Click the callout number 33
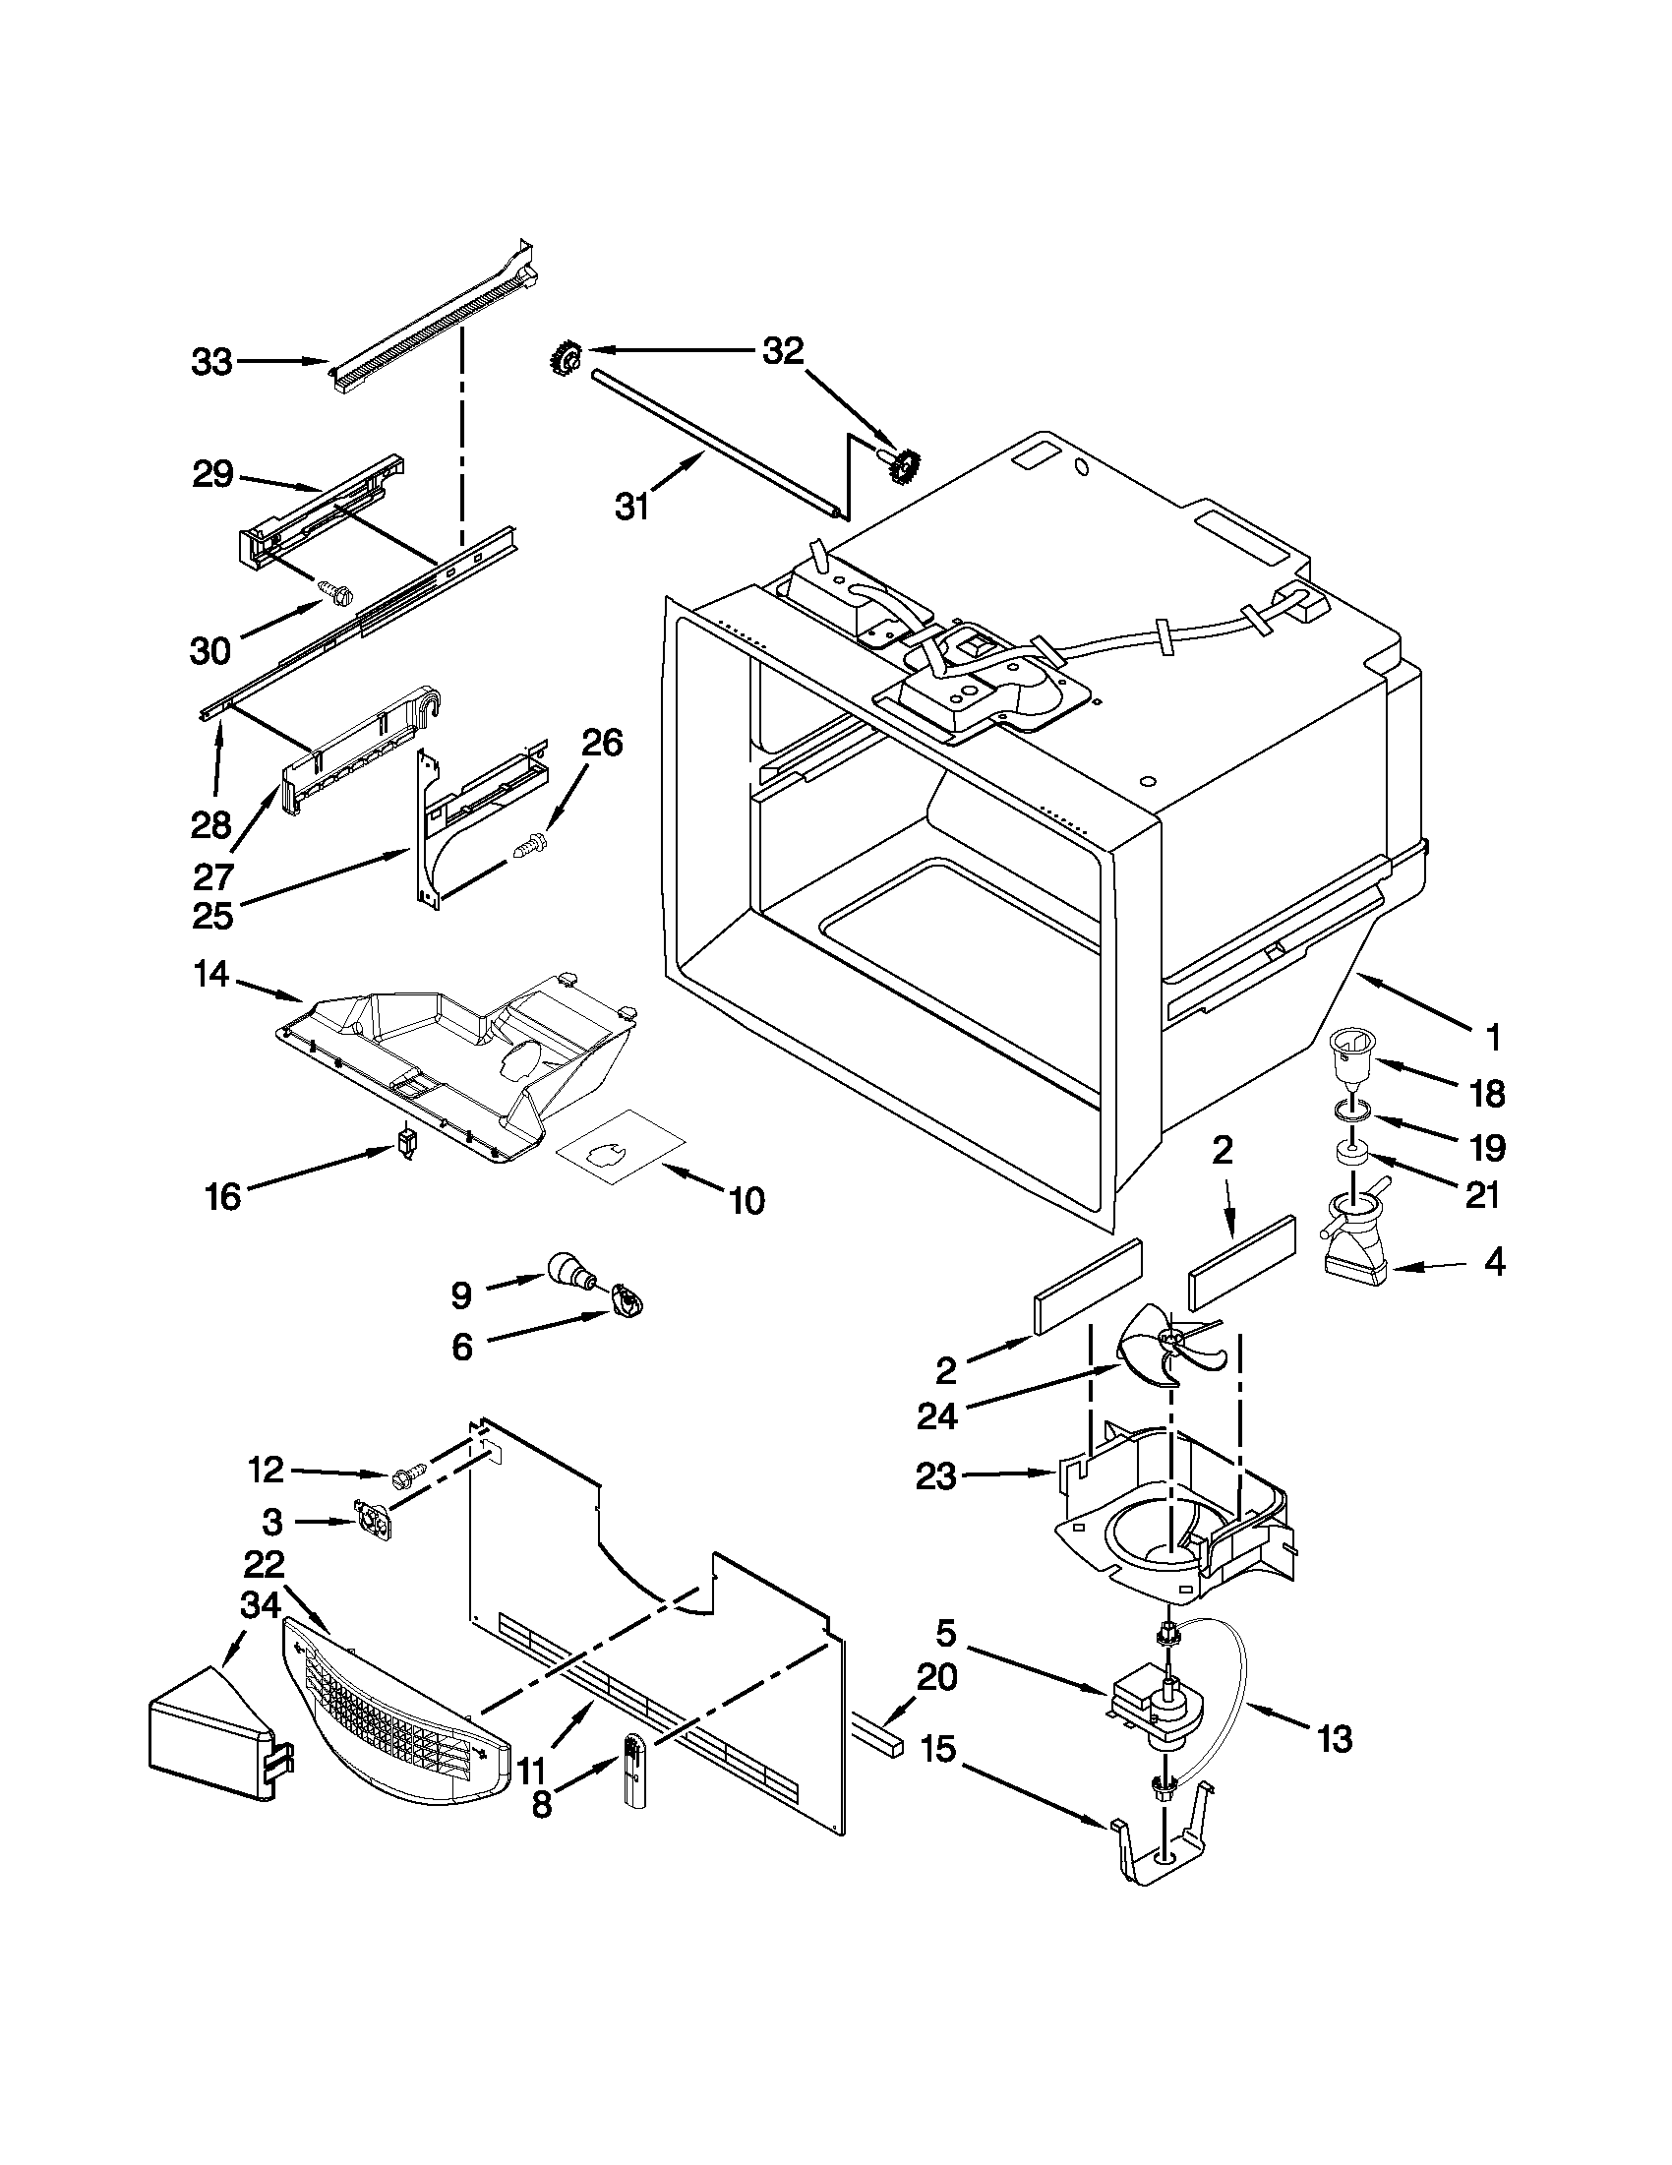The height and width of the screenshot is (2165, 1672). pyautogui.click(x=211, y=363)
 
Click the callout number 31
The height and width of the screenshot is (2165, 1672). pyautogui.click(x=632, y=507)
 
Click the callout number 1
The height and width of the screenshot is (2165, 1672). pyautogui.click(x=1493, y=1038)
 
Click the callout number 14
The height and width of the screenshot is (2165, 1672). pyautogui.click(x=211, y=976)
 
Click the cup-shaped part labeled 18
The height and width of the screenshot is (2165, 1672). pyautogui.click(x=1352, y=1061)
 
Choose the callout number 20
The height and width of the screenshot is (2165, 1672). pyautogui.click(x=936, y=1677)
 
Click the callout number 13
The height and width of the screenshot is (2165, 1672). pyautogui.click(x=1335, y=1738)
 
